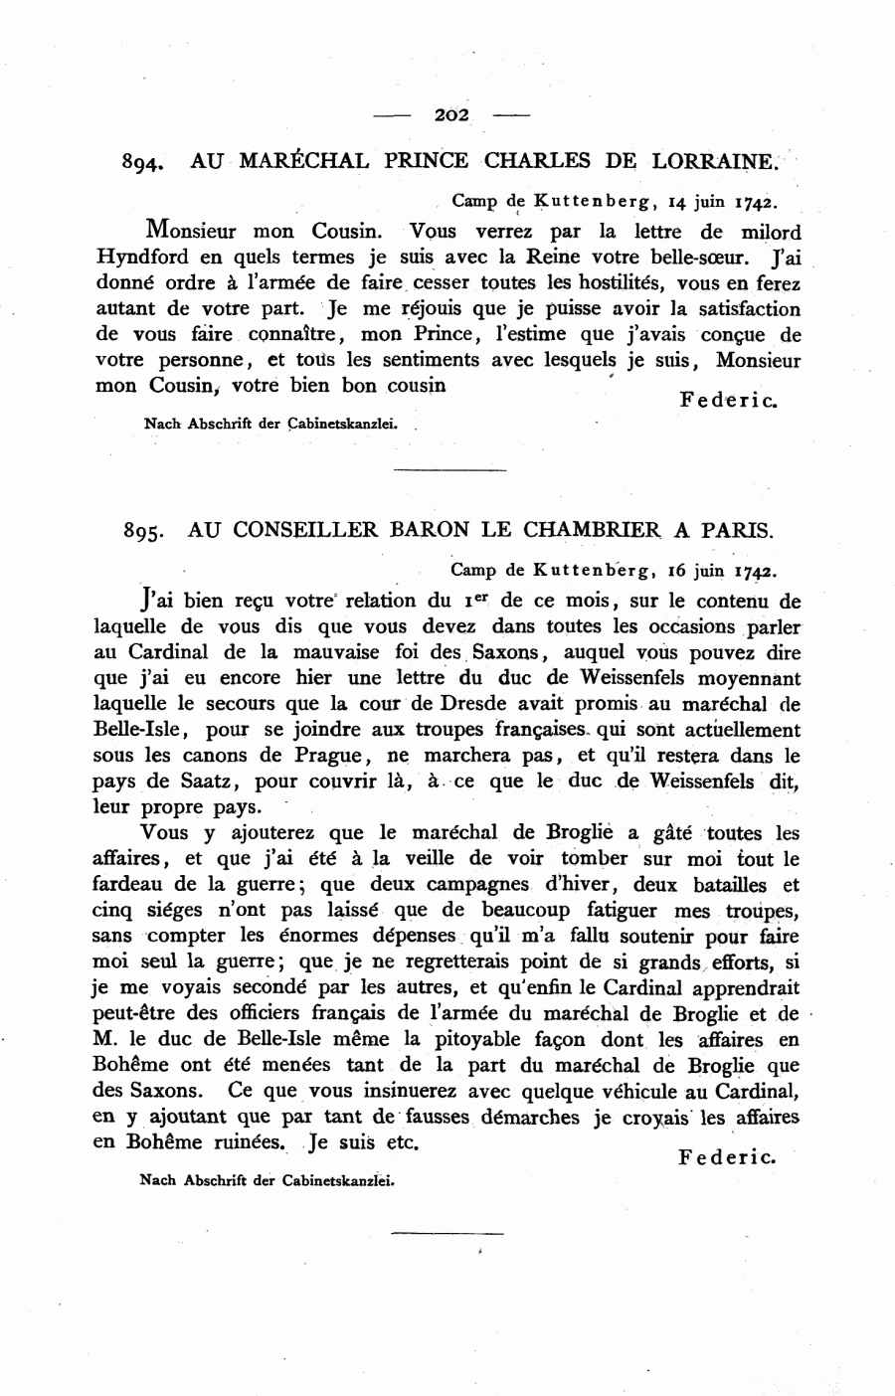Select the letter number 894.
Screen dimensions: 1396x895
[x=142, y=162]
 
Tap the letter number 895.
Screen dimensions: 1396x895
[x=144, y=531]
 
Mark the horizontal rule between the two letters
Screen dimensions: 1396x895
[x=450, y=468]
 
